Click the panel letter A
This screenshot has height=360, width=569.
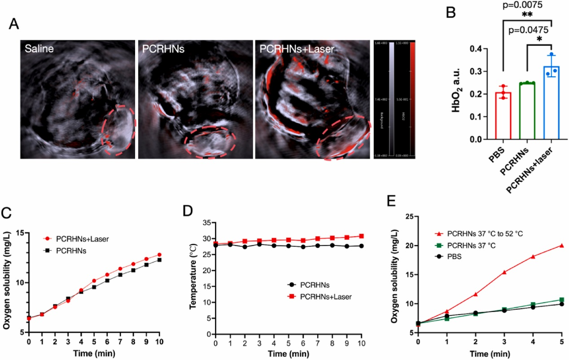pyautogui.click(x=14, y=24)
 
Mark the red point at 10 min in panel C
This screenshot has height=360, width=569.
pyautogui.click(x=160, y=255)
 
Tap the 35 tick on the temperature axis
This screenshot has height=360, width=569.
pyautogui.click(x=207, y=223)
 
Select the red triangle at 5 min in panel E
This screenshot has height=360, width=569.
pyautogui.click(x=561, y=246)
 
